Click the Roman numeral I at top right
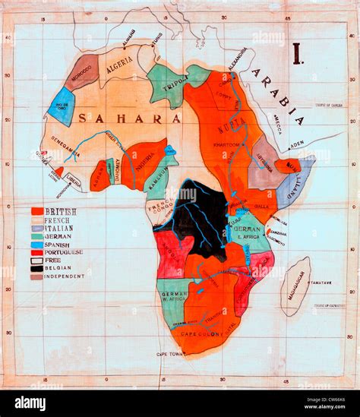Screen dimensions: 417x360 coord(297,53)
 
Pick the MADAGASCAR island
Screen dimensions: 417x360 coord(295,286)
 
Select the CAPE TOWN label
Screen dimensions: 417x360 coord(170,354)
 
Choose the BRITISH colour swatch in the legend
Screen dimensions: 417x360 coord(37,211)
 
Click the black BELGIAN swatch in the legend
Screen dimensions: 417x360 coord(37,268)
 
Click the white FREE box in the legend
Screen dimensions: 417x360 coord(37,260)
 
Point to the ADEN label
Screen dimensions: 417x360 coord(295,144)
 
